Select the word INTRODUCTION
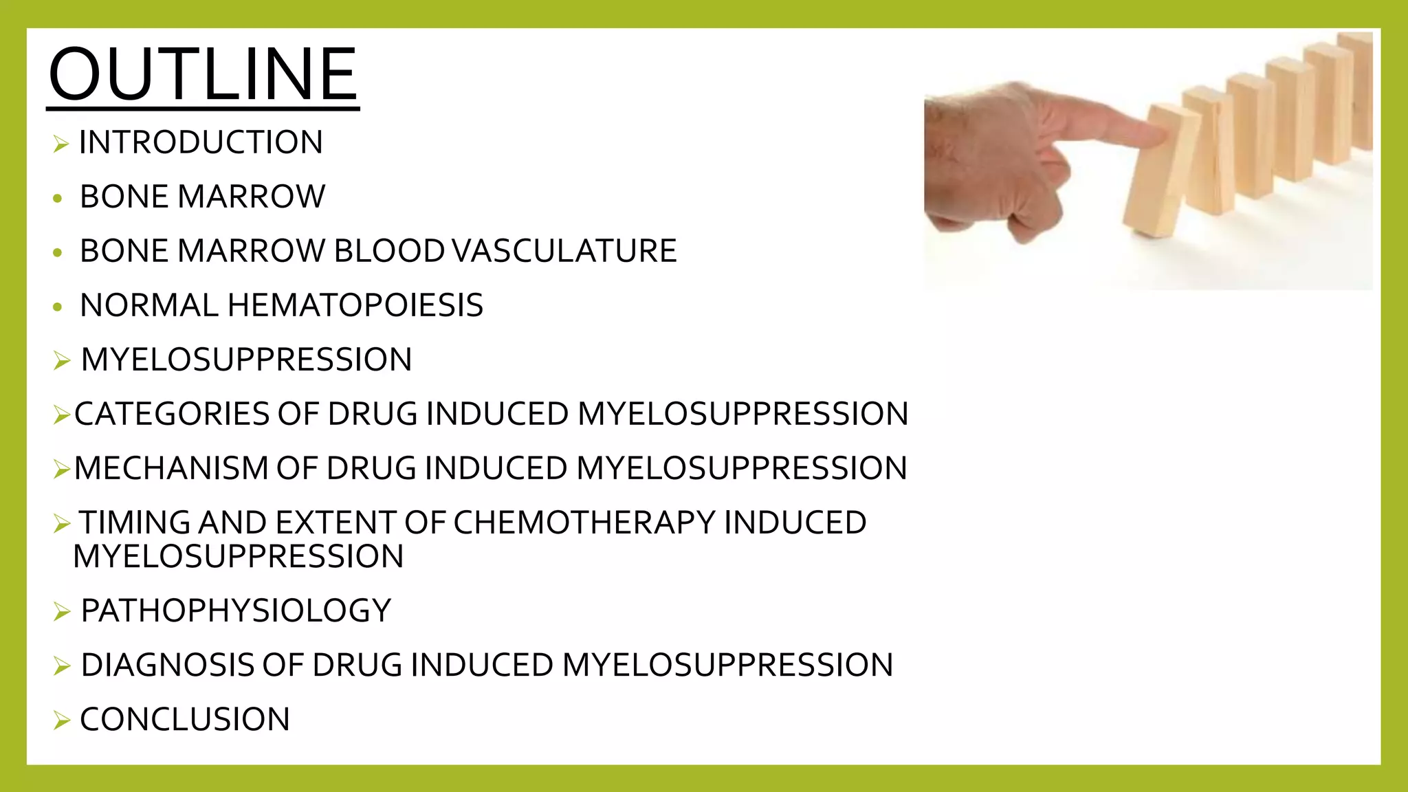pyautogui.click(x=201, y=143)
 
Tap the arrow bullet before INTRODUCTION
pyautogui.click(x=61, y=144)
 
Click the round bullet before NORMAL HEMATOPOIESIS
pyautogui.click(x=58, y=307)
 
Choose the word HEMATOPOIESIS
pyautogui.click(x=355, y=305)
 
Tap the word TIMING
pyautogui.click(x=135, y=522)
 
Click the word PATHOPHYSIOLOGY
pyautogui.click(x=236, y=610)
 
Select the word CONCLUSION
pyautogui.click(x=185, y=720)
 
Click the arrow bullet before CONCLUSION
pyautogui.click(x=61, y=721)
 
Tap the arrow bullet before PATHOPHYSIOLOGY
pyautogui.click(x=61, y=612)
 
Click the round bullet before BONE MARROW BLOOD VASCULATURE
pyautogui.click(x=58, y=253)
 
